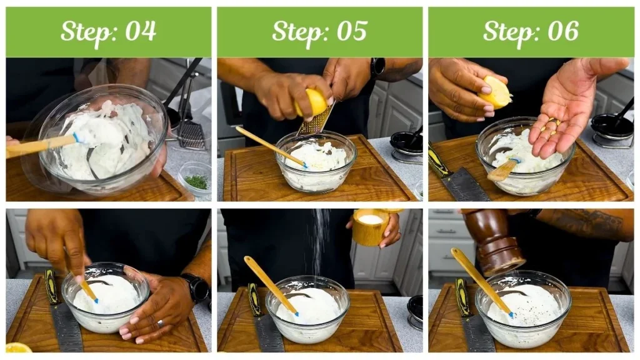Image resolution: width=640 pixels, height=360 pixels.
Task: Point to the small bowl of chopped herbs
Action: tap(195, 179)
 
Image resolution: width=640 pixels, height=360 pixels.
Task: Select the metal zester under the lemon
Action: tap(317, 119)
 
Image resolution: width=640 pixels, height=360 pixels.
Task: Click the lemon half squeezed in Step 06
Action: tap(494, 92)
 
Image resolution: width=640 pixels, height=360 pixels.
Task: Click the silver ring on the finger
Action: tap(160, 324)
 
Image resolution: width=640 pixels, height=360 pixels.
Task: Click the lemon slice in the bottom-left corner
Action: tap(17, 347)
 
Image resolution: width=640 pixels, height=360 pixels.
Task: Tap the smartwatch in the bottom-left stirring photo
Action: tap(197, 287)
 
